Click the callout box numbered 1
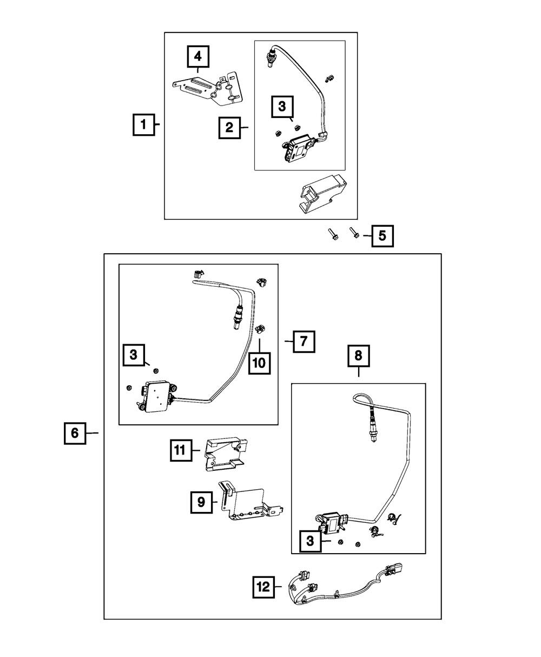pyautogui.click(x=143, y=124)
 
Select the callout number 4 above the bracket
pyautogui.click(x=198, y=57)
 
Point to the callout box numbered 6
pyautogui.click(x=75, y=433)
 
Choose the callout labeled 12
pyautogui.click(x=263, y=587)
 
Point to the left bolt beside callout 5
pyautogui.click(x=331, y=235)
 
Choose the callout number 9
pyautogui.click(x=201, y=502)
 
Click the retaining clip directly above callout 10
pyautogui.click(x=260, y=328)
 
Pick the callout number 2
pyautogui.click(x=229, y=128)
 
